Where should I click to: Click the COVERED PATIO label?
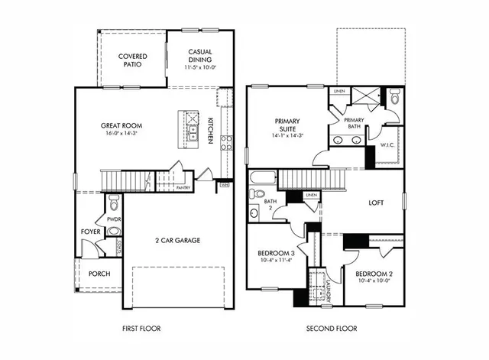pos(133,61)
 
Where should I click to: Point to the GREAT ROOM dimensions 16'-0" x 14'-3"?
pos(122,134)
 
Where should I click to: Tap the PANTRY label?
pos(183,187)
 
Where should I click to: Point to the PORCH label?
pos(99,273)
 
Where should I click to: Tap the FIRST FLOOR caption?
pos(142,329)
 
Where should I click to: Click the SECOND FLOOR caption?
pos(332,329)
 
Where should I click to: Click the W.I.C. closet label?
pos(387,144)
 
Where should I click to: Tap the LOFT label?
pos(376,203)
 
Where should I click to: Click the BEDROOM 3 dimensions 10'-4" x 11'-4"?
pos(275,260)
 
